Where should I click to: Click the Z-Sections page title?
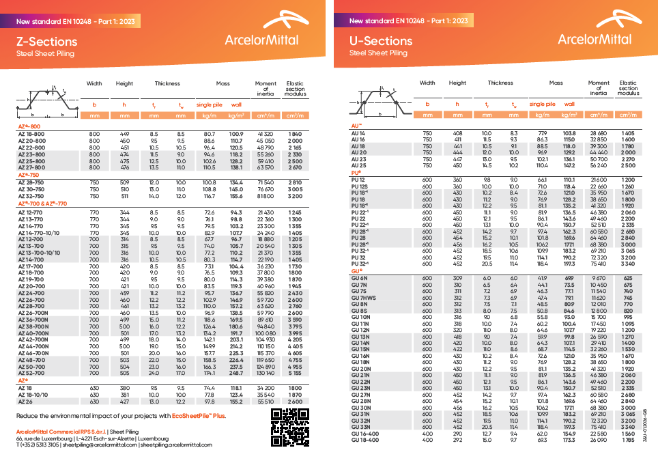tap(46, 41)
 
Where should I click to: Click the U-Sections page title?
tap(381, 41)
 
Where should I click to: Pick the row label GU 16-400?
tap(364, 434)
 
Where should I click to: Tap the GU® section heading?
tap(356, 271)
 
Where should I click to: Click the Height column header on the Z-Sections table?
tap(124, 83)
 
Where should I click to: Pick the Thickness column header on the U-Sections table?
tap(500, 83)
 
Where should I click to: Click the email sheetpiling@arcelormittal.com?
tap(99, 444)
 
